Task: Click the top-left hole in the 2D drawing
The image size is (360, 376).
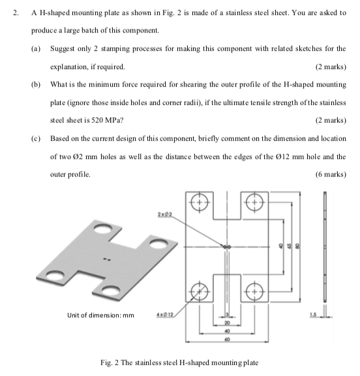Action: coord(200,202)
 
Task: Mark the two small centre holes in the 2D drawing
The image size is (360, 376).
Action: coord(227,247)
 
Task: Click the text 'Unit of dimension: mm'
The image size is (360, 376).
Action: coord(100,315)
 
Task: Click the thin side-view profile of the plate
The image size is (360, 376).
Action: coord(324,247)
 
